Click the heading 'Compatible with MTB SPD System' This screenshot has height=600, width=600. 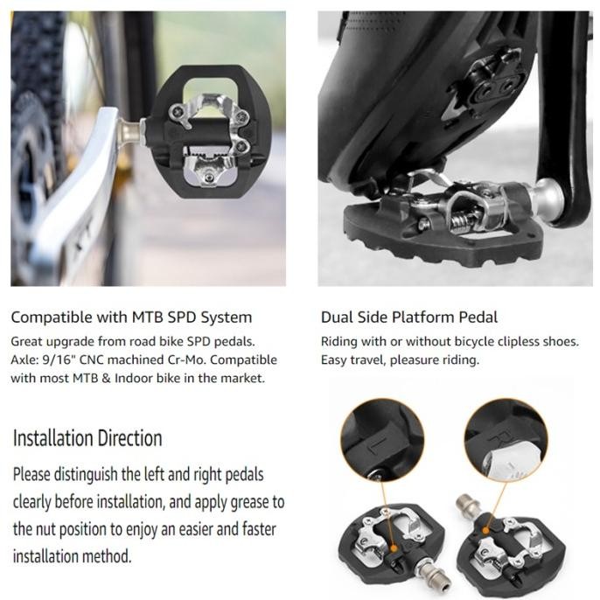coord(131,317)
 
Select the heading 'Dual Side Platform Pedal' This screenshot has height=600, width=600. coord(409,317)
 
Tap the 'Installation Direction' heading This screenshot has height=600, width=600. coord(87,438)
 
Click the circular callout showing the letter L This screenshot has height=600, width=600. coord(382,439)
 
